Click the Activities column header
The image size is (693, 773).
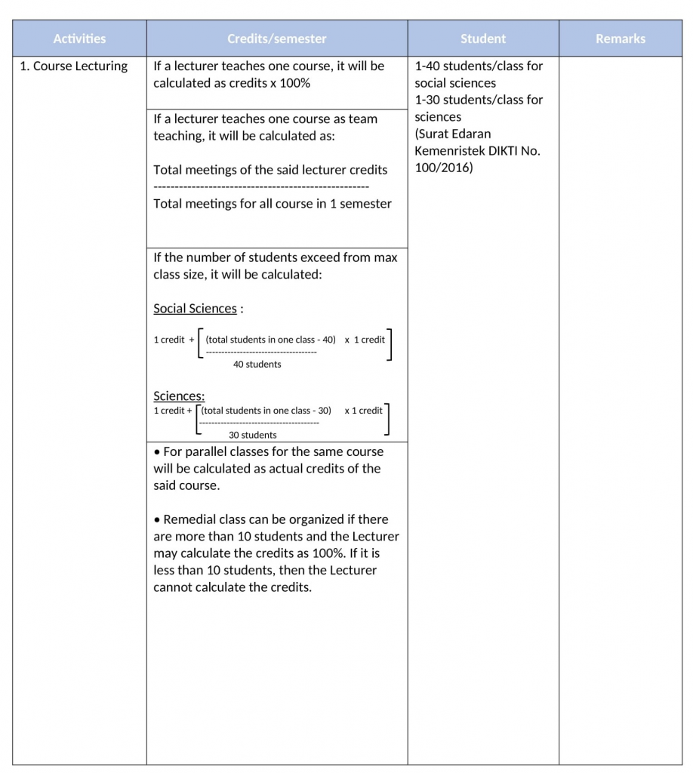click(x=79, y=38)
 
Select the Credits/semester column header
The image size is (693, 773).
click(x=277, y=38)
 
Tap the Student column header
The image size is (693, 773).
click(x=483, y=38)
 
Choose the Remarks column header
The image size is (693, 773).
click(x=621, y=38)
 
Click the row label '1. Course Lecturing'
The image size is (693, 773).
click(x=74, y=66)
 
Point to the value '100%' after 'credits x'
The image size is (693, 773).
click(x=295, y=83)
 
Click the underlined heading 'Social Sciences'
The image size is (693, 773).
click(x=195, y=309)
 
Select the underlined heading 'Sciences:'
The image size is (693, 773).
click(x=179, y=396)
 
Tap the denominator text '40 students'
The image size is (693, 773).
click(x=257, y=365)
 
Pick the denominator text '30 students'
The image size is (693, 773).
click(x=253, y=435)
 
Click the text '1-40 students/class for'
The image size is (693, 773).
click(x=479, y=66)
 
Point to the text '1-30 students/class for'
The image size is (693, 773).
click(x=479, y=100)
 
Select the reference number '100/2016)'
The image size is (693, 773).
click(x=444, y=168)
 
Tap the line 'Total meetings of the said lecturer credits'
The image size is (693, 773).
click(x=270, y=170)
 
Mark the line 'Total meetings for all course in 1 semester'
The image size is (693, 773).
click(x=273, y=204)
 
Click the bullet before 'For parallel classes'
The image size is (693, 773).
click(x=157, y=452)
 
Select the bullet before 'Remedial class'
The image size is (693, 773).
click(x=157, y=520)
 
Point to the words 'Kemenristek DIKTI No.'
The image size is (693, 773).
click(x=477, y=151)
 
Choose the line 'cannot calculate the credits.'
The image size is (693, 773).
click(x=233, y=587)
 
